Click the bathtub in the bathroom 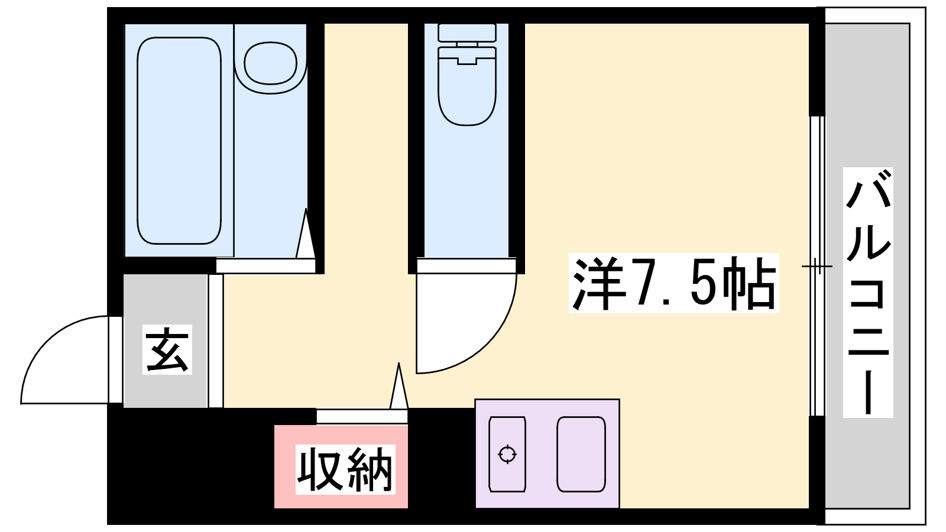pos(179,141)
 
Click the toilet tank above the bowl pos(466,33)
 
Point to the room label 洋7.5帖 pos(673,283)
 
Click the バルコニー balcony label pos(868,293)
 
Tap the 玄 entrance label pos(167,349)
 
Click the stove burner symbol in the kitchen pos(507,455)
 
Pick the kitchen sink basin pos(581,455)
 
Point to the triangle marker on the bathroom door pos(306,233)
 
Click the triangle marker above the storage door pos(399,386)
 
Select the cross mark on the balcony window pos(817,267)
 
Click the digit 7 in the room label pos(648,283)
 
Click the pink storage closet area pos(341,466)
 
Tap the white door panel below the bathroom pos(265,266)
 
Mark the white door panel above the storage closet pos(362,416)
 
